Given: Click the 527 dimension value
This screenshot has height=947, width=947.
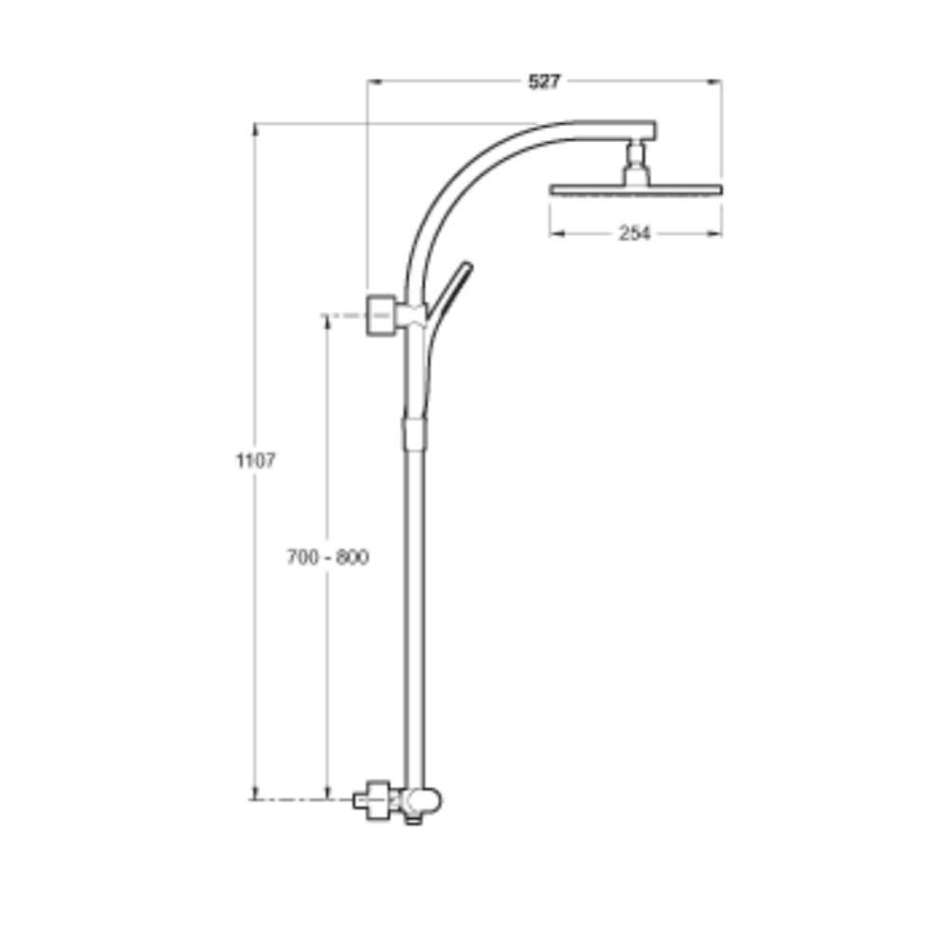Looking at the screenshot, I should click(544, 82).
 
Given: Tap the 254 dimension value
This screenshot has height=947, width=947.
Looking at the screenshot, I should click(634, 233).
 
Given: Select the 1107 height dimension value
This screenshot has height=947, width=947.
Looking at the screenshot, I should click(255, 462).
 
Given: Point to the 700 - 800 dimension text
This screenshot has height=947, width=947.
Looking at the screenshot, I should click(328, 557).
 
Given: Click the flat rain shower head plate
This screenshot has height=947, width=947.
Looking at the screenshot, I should click(636, 189).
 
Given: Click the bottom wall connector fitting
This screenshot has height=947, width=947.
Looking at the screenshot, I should click(375, 799).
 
